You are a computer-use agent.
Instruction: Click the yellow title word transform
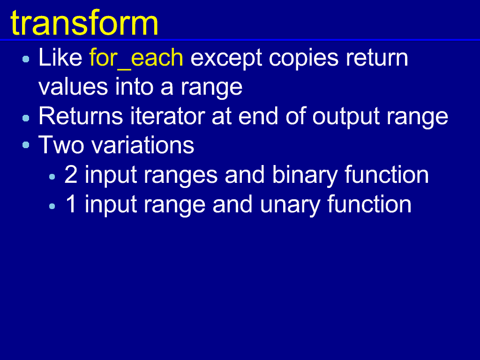coord(84,23)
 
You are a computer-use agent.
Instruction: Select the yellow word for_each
coord(136,58)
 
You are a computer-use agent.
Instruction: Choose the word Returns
coord(81,116)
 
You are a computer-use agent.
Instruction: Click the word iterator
coord(168,116)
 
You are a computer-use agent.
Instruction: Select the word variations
coord(142,145)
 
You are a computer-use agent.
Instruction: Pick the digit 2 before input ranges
coord(71,174)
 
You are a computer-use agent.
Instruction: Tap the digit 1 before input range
coord(71,204)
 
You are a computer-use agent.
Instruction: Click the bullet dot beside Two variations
coord(26,145)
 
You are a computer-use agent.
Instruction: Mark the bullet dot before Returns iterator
coord(26,118)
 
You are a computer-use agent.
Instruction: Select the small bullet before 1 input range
coord(52,207)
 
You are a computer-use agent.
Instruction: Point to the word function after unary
coord(369,204)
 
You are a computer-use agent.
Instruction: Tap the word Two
coord(61,145)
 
